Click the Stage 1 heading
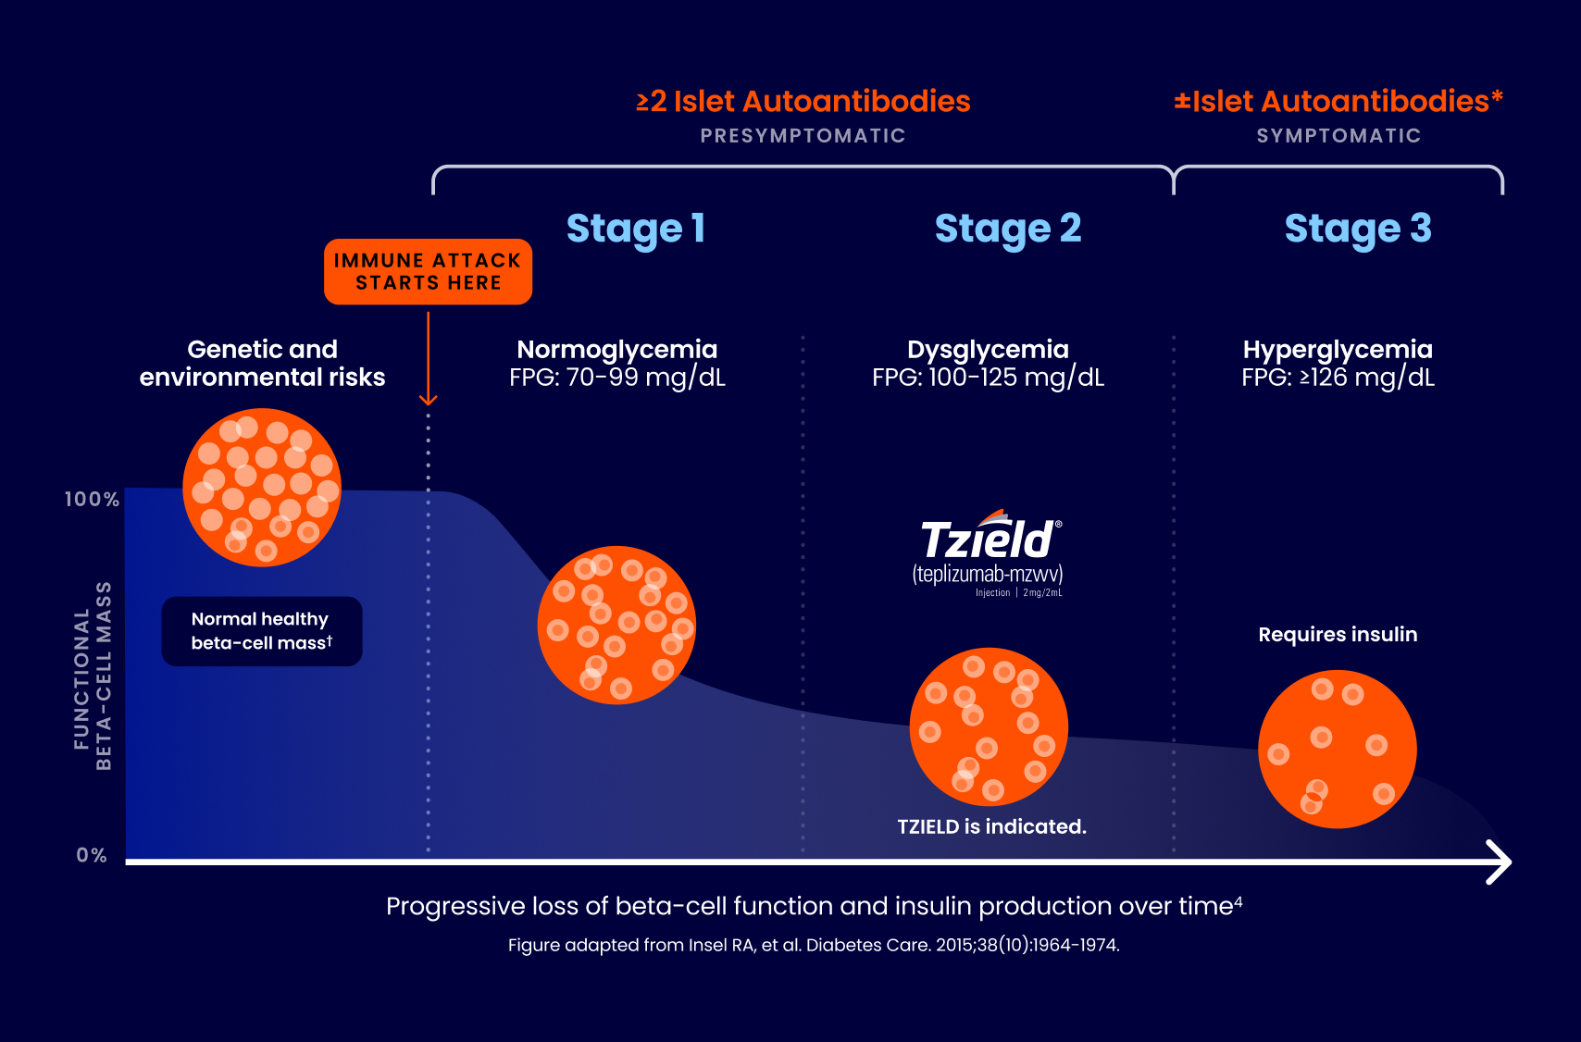[x=635, y=229]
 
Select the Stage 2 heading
[x=1007, y=229]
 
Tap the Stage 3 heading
[x=1357, y=229]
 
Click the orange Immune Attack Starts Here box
[x=428, y=272]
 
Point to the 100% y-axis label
[x=92, y=500]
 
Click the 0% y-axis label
[x=92, y=855]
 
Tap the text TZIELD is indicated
[x=991, y=826]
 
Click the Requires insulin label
[x=1338, y=635]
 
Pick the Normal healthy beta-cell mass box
[x=262, y=631]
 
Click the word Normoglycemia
[x=616, y=349]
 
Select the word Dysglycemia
[x=988, y=349]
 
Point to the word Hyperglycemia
[x=1338, y=349]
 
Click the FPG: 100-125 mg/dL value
[x=988, y=378]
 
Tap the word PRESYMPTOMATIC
[x=803, y=136]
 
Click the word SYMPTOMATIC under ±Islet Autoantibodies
[x=1338, y=136]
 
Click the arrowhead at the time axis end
[x=1500, y=862]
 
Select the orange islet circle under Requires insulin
[x=1337, y=749]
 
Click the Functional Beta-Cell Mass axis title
[x=93, y=676]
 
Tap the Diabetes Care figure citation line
[x=814, y=945]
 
